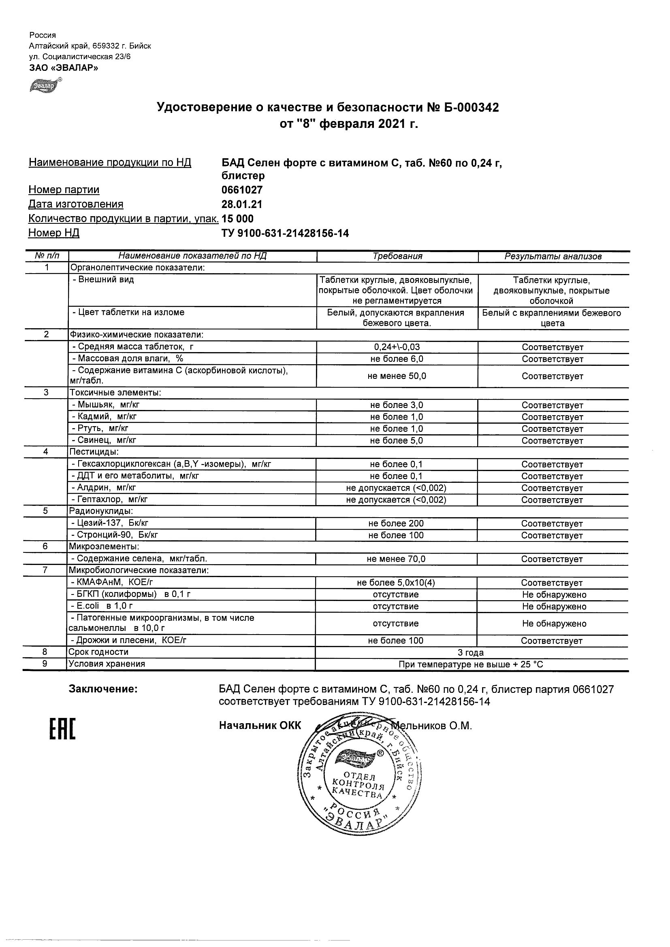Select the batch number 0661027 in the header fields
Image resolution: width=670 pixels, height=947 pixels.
[242, 190]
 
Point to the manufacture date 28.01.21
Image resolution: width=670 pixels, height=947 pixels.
[242, 204]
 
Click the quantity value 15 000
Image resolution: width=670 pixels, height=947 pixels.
[238, 219]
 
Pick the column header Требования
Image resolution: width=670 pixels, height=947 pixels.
[397, 256]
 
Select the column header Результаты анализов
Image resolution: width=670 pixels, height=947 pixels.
[553, 256]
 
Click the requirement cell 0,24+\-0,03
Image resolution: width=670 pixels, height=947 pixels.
[397, 347]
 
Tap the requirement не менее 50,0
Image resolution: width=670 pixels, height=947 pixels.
[397, 376]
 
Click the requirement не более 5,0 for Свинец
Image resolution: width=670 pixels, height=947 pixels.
[397, 440]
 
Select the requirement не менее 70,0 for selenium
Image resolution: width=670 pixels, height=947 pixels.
[396, 559]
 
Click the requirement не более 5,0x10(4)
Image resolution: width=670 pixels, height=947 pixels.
[396, 582]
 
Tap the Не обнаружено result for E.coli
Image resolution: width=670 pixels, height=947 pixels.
[554, 606]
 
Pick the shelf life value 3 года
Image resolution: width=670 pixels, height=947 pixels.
[471, 652]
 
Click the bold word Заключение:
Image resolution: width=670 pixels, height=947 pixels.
[103, 689]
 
